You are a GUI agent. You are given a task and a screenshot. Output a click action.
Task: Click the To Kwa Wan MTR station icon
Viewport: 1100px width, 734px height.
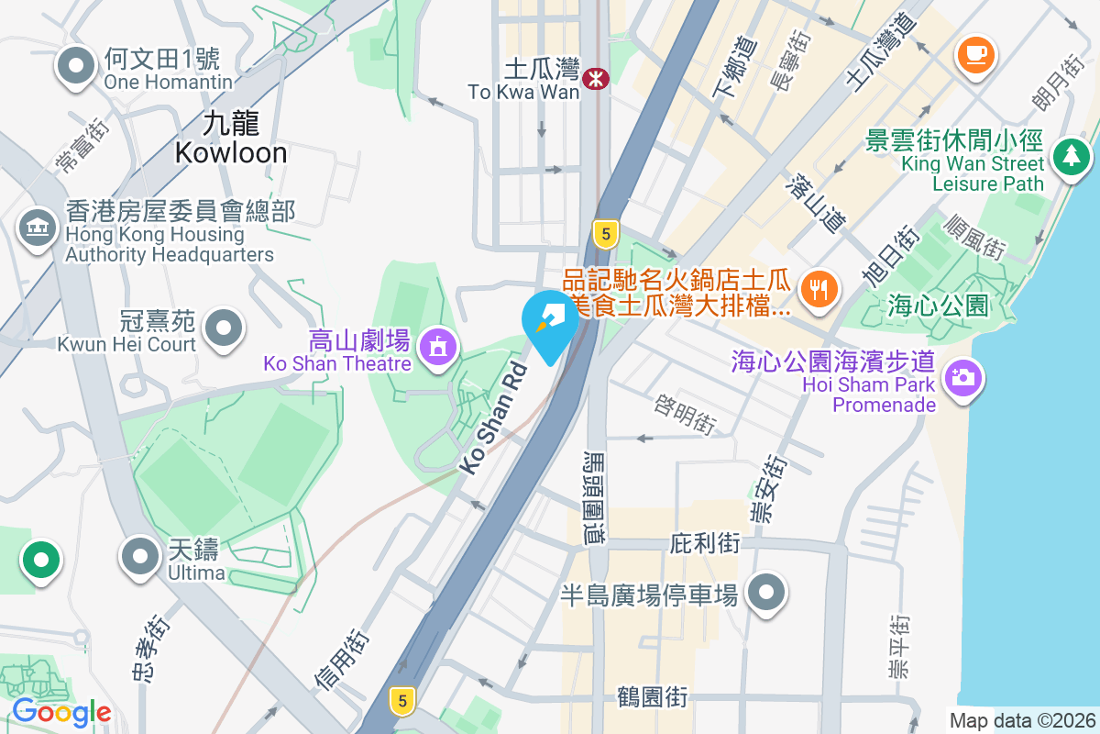click(x=597, y=79)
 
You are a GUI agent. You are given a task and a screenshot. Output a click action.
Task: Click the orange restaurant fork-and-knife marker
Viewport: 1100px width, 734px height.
click(x=816, y=289)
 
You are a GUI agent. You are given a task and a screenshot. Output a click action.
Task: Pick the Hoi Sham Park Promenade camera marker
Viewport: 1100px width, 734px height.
click(x=962, y=376)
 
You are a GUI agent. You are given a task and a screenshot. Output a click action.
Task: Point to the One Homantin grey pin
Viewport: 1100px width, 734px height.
click(x=76, y=66)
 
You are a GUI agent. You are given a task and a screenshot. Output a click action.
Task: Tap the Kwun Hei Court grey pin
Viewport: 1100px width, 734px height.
click(x=222, y=328)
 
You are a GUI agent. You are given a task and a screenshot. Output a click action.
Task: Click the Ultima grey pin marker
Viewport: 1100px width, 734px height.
click(x=140, y=556)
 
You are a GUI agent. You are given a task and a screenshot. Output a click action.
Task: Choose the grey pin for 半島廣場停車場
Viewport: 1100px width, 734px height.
click(x=766, y=592)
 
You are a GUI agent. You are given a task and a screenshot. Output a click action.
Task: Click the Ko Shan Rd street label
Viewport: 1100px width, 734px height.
click(x=494, y=418)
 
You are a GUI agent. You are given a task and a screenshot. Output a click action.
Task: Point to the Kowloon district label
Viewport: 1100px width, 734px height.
click(x=231, y=138)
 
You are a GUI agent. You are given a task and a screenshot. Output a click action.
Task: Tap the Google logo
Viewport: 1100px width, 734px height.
click(x=61, y=712)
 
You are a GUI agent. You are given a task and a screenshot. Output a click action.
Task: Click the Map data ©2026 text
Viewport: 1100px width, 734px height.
click(x=1021, y=720)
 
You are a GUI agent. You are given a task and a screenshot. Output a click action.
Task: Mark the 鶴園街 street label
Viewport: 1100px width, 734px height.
click(x=652, y=696)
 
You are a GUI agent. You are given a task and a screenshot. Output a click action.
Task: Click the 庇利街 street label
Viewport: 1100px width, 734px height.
click(x=705, y=543)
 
